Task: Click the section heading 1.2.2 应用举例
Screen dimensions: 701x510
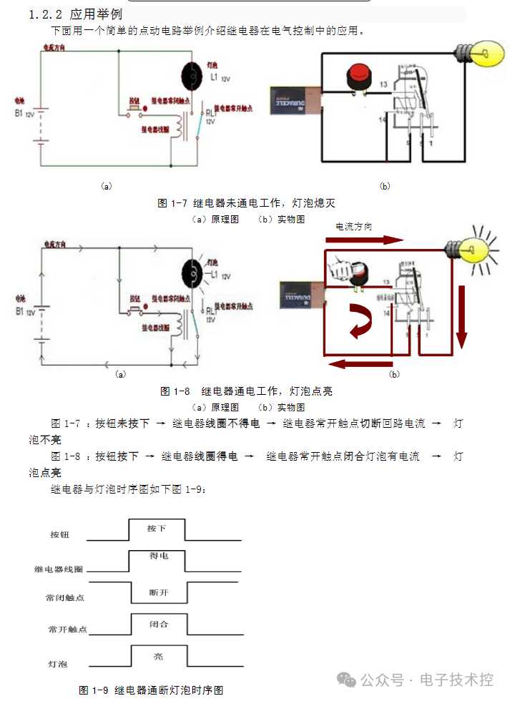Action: click(x=75, y=14)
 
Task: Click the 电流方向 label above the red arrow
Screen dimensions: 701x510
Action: click(x=364, y=226)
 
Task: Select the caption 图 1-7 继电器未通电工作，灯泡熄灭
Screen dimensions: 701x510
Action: click(x=246, y=204)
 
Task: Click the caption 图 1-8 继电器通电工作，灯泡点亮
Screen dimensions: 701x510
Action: click(x=246, y=391)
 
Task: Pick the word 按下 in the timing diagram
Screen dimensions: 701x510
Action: click(x=157, y=529)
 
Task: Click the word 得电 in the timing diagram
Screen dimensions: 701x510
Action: click(x=159, y=556)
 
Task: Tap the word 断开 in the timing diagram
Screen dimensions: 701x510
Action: click(x=159, y=592)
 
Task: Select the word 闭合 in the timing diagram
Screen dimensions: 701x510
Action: click(x=159, y=624)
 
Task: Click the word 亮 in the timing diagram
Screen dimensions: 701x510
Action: click(x=159, y=655)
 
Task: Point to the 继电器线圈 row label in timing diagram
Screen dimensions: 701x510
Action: click(x=59, y=569)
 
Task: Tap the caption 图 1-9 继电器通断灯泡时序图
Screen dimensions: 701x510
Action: click(x=151, y=690)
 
